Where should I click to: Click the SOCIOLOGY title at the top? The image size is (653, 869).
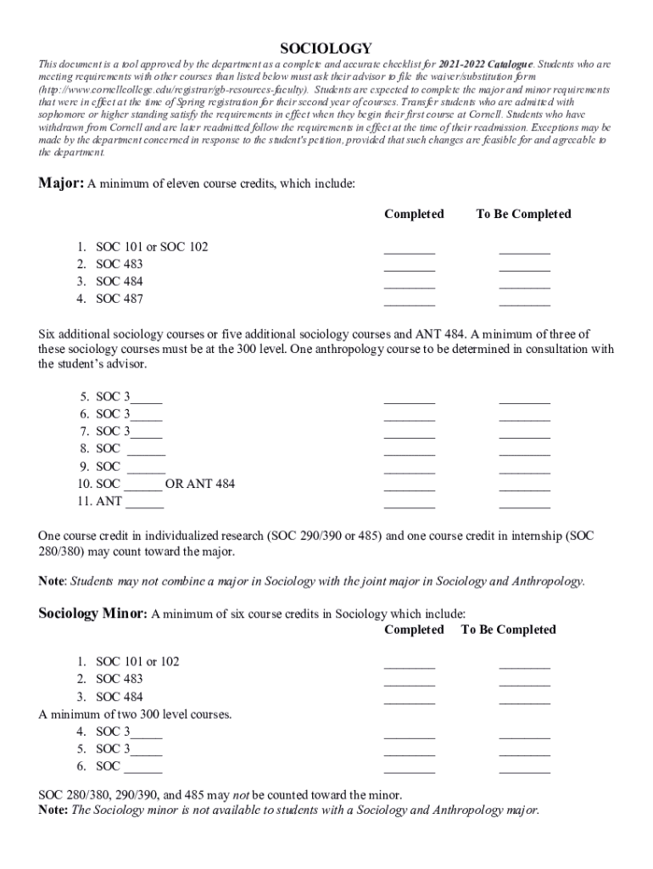(x=326, y=48)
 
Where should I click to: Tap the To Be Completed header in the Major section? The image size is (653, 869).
(x=523, y=214)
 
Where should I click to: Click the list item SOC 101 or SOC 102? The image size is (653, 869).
(x=152, y=247)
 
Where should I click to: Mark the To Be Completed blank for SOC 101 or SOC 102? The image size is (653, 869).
(x=524, y=249)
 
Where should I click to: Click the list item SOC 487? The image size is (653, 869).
(x=120, y=299)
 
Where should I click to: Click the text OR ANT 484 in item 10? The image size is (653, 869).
(x=200, y=484)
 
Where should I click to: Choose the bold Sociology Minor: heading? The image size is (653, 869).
(x=93, y=614)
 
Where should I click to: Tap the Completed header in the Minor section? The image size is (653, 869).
(x=414, y=630)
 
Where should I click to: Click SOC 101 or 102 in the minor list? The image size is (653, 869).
(x=137, y=661)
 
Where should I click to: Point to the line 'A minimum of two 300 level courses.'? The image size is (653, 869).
(x=135, y=715)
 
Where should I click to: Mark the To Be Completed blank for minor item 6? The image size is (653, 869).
(x=524, y=769)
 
